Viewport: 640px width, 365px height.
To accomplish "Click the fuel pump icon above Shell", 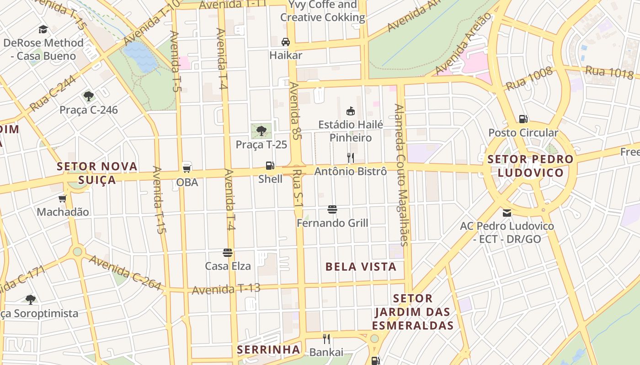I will click(270, 166).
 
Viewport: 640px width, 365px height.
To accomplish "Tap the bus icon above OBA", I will click(187, 167).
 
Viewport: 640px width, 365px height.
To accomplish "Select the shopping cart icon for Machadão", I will click(63, 198).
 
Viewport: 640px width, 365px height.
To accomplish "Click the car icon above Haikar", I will click(286, 42).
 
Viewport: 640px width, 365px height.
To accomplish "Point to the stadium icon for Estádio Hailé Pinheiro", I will click(351, 111).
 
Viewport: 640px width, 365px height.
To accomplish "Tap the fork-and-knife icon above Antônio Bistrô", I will click(351, 158).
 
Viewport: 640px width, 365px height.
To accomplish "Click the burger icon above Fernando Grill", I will click(332, 209).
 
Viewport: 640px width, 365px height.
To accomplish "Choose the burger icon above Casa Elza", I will click(228, 252).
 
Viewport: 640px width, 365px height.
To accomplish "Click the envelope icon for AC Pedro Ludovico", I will click(507, 213).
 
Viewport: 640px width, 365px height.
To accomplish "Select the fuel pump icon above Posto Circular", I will click(523, 119).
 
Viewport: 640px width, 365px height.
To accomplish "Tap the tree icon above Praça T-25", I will click(261, 131).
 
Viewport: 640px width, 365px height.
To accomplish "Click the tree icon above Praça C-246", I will click(89, 96).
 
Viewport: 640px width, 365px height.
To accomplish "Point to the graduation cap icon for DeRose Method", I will click(43, 30).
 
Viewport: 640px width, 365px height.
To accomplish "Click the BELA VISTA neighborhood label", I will click(361, 267).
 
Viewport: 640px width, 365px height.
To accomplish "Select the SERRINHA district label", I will click(268, 350).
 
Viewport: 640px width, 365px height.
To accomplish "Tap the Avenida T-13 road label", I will click(226, 289).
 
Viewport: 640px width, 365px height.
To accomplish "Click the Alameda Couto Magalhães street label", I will click(401, 175).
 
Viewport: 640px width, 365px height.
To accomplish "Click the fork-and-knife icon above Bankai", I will click(326, 339).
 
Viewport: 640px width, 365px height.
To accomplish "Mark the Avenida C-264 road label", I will click(125, 272).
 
